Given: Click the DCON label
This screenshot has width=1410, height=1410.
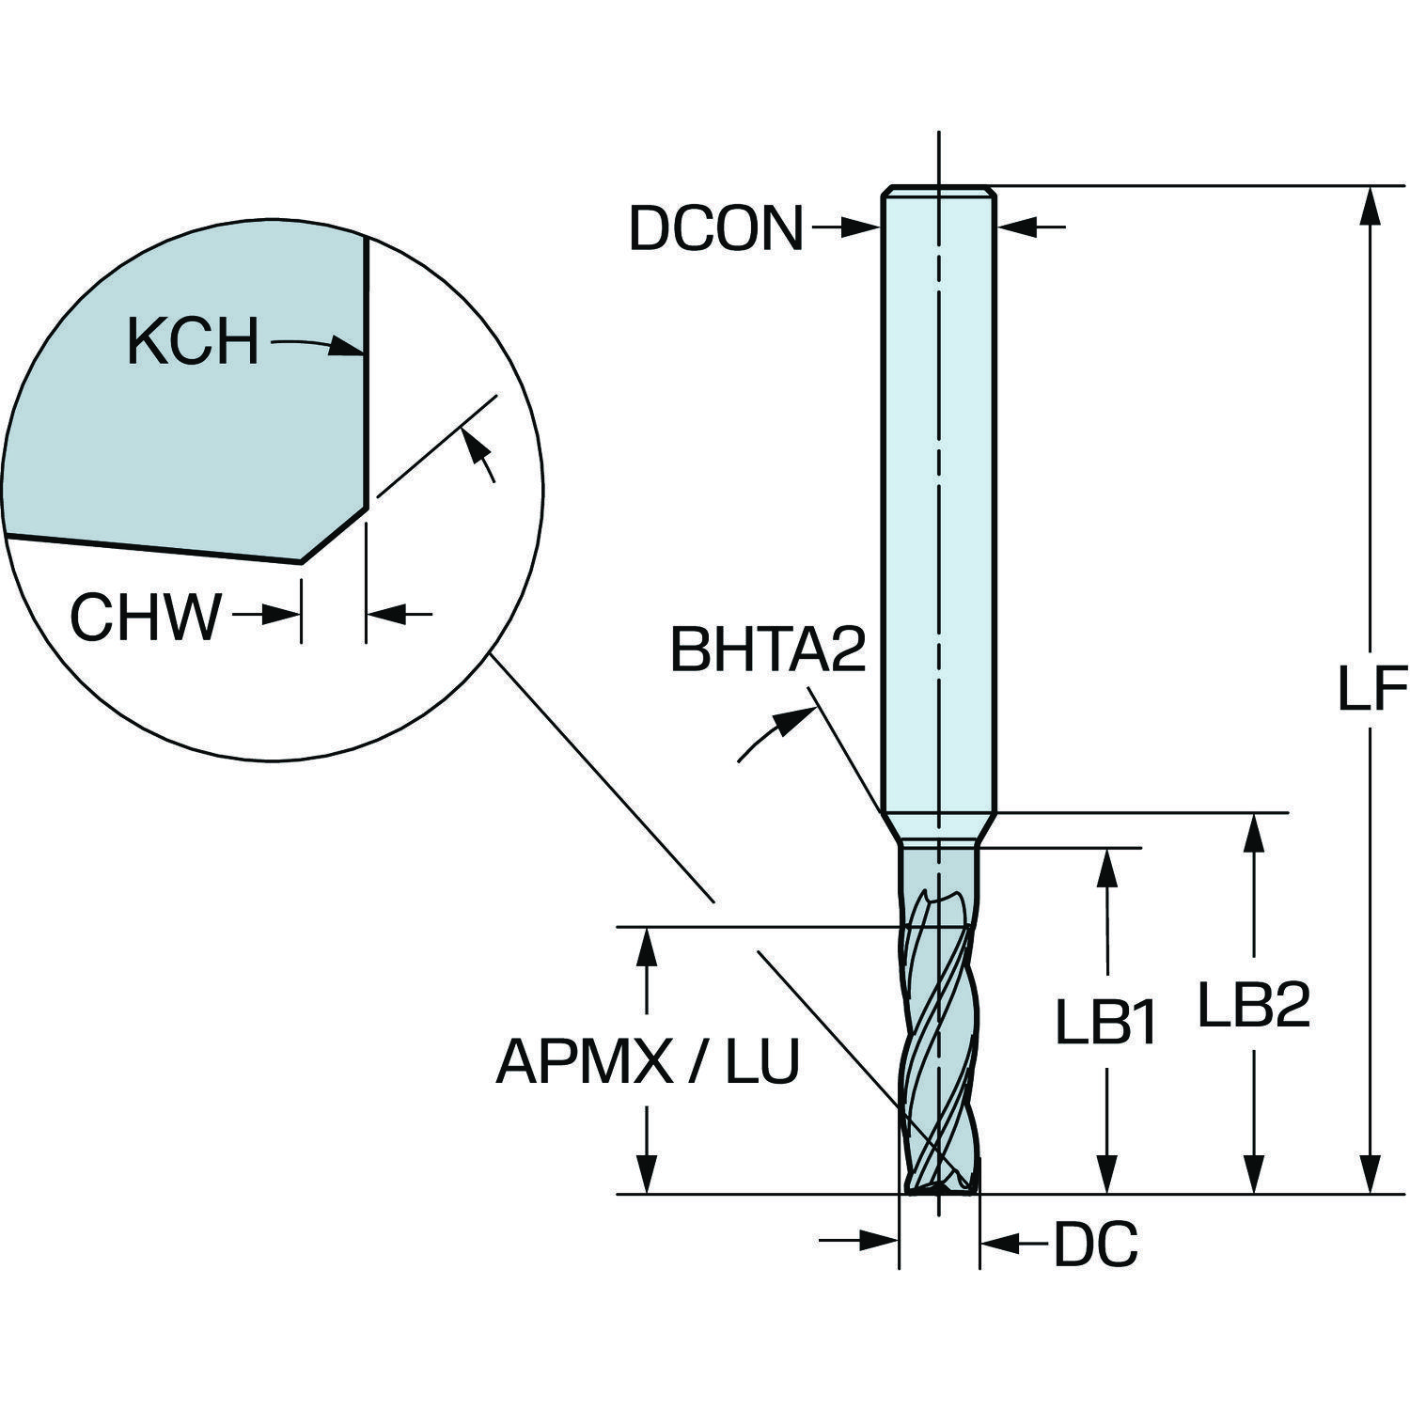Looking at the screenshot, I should [x=715, y=228].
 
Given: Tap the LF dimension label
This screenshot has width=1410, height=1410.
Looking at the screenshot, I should [x=1371, y=689].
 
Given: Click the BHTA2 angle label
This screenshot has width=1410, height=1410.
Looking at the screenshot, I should [x=767, y=650].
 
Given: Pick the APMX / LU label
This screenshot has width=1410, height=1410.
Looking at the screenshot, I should [x=648, y=1062].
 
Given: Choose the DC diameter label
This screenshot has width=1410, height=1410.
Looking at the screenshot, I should [x=1096, y=1245].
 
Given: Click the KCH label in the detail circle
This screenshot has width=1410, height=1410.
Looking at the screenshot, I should [x=193, y=341].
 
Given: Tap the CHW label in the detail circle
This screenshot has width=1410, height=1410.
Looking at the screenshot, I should [x=146, y=618].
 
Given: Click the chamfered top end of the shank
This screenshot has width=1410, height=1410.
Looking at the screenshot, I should [x=937, y=191].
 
